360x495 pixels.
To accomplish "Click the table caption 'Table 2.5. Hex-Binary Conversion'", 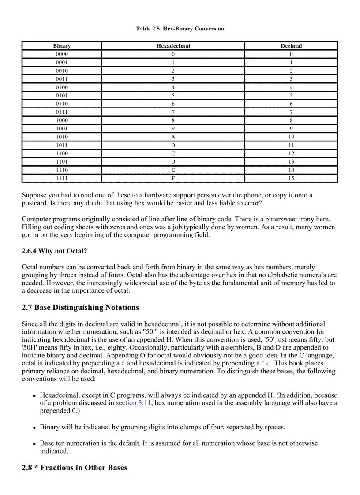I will coord(180,29).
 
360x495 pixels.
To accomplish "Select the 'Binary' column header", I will coord(62,46).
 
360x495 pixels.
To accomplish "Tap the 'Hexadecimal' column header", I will coord(173,46).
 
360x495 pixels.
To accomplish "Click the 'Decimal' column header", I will coord(291,46).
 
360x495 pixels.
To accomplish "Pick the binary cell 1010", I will coord(62,137).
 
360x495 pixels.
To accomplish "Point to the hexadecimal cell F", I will coord(173,178).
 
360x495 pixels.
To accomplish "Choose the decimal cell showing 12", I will coord(291,153).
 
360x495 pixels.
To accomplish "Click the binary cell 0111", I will coord(62,112).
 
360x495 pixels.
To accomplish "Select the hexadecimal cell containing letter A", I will coord(173,137).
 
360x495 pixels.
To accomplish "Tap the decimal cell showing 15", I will coord(291,178).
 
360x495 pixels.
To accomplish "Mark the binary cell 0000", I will coord(62,54).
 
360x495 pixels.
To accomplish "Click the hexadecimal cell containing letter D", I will coord(173,162).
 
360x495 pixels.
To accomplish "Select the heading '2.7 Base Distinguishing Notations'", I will coord(80,307).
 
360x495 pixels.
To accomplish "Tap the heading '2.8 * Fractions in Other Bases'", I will coord(75,468).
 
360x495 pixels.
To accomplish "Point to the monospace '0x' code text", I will coord(265,364).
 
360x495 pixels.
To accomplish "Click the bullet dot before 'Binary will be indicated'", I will coord(34,428).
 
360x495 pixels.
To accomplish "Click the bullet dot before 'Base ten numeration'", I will coord(34,444).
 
